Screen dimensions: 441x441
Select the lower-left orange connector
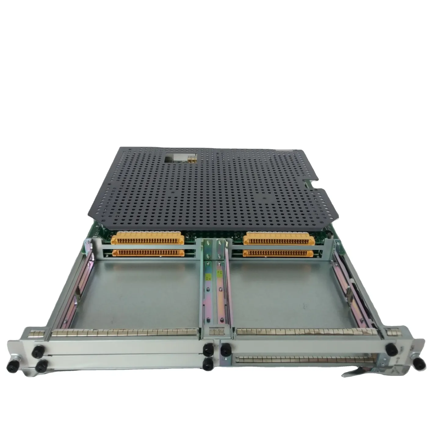pos(149,253)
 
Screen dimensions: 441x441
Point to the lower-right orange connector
pos(278,253)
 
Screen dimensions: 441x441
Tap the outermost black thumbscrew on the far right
pos(419,362)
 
